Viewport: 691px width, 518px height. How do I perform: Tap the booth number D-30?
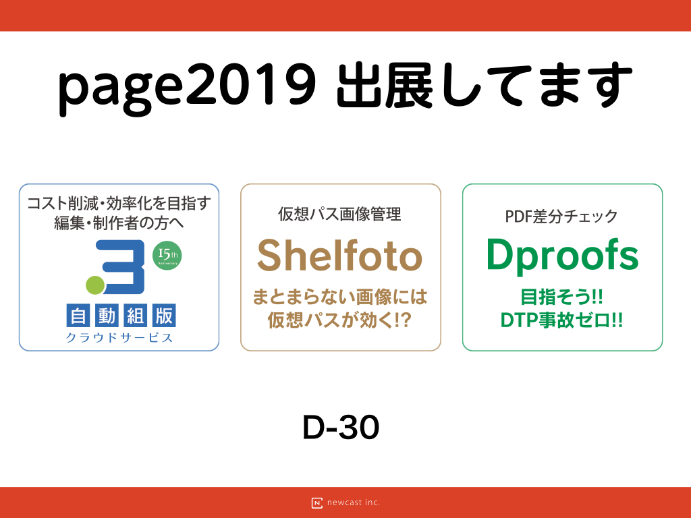[341, 427]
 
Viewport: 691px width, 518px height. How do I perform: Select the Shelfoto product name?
[340, 256]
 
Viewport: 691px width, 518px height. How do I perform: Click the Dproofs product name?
[562, 256]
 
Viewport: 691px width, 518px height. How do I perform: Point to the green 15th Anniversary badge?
[167, 256]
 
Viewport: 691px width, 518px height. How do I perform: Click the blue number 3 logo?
[120, 266]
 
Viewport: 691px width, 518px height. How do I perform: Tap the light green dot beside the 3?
[95, 285]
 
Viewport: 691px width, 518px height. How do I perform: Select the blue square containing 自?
[78, 316]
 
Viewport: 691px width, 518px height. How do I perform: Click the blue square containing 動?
[107, 316]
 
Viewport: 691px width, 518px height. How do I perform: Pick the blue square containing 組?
[135, 316]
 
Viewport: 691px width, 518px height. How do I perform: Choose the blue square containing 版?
[164, 316]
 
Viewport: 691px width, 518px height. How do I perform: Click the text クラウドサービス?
[119, 338]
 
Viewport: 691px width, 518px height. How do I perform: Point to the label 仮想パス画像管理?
[340, 214]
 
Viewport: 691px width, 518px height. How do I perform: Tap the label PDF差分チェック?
[561, 217]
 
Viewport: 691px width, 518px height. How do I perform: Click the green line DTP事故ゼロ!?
[562, 320]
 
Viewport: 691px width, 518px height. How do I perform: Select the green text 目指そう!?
[562, 297]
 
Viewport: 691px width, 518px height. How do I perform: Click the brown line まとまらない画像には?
[340, 297]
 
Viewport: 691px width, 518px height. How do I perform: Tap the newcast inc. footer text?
[354, 502]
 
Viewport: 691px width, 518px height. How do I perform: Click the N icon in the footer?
[317, 503]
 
